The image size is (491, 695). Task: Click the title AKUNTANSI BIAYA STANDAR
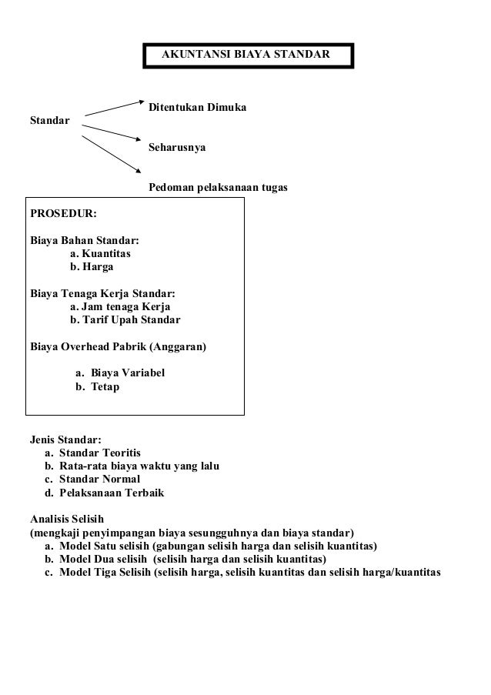click(245, 55)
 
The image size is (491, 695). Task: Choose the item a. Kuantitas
click(101, 252)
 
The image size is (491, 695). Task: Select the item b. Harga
click(92, 266)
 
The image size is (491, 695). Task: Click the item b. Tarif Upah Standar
click(125, 319)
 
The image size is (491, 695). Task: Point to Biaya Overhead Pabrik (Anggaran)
click(118, 347)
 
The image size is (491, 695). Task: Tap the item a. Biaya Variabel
click(119, 373)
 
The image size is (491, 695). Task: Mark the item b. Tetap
click(97, 387)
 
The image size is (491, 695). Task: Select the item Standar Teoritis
click(100, 453)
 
